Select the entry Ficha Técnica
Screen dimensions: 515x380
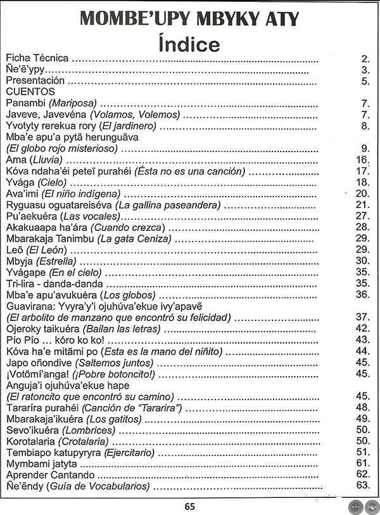[x=36, y=58]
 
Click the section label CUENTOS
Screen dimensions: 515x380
[x=30, y=92]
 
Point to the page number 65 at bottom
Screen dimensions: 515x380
[x=189, y=505]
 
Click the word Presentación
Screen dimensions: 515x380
[x=35, y=81]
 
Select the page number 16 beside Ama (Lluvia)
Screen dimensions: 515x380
[x=362, y=160]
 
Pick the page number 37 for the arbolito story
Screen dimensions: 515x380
[x=362, y=317]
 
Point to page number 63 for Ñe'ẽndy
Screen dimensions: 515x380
[x=362, y=486]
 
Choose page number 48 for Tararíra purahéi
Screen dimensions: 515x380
[x=362, y=407]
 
